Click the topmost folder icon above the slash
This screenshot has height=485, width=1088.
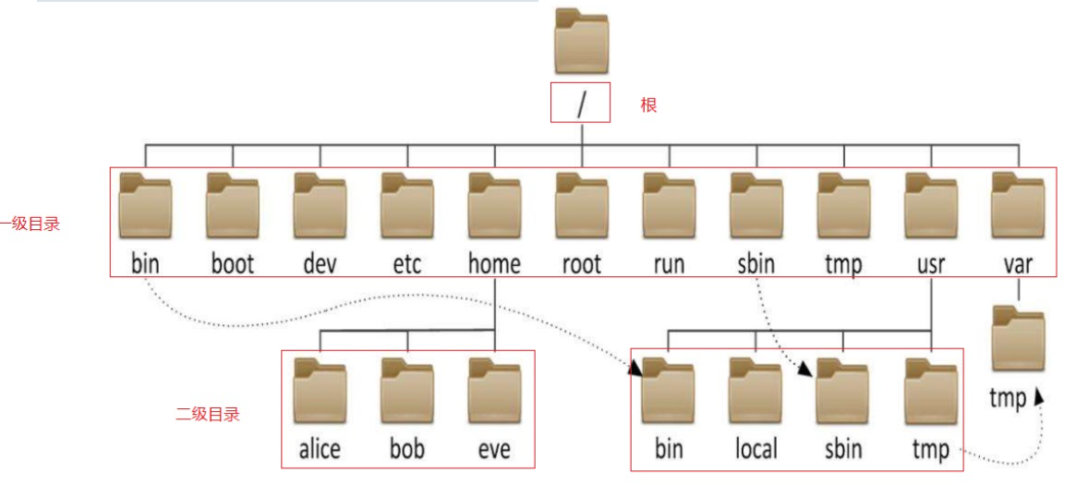[581, 42]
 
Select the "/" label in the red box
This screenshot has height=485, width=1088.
[581, 103]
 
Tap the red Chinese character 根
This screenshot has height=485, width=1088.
[648, 105]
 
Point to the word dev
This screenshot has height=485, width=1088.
[320, 264]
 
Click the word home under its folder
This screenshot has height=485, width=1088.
[494, 264]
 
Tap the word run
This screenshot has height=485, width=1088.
[668, 264]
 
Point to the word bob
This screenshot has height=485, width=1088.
[406, 449]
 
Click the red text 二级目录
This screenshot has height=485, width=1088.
[208, 415]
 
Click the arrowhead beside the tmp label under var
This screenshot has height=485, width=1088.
[1041, 395]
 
